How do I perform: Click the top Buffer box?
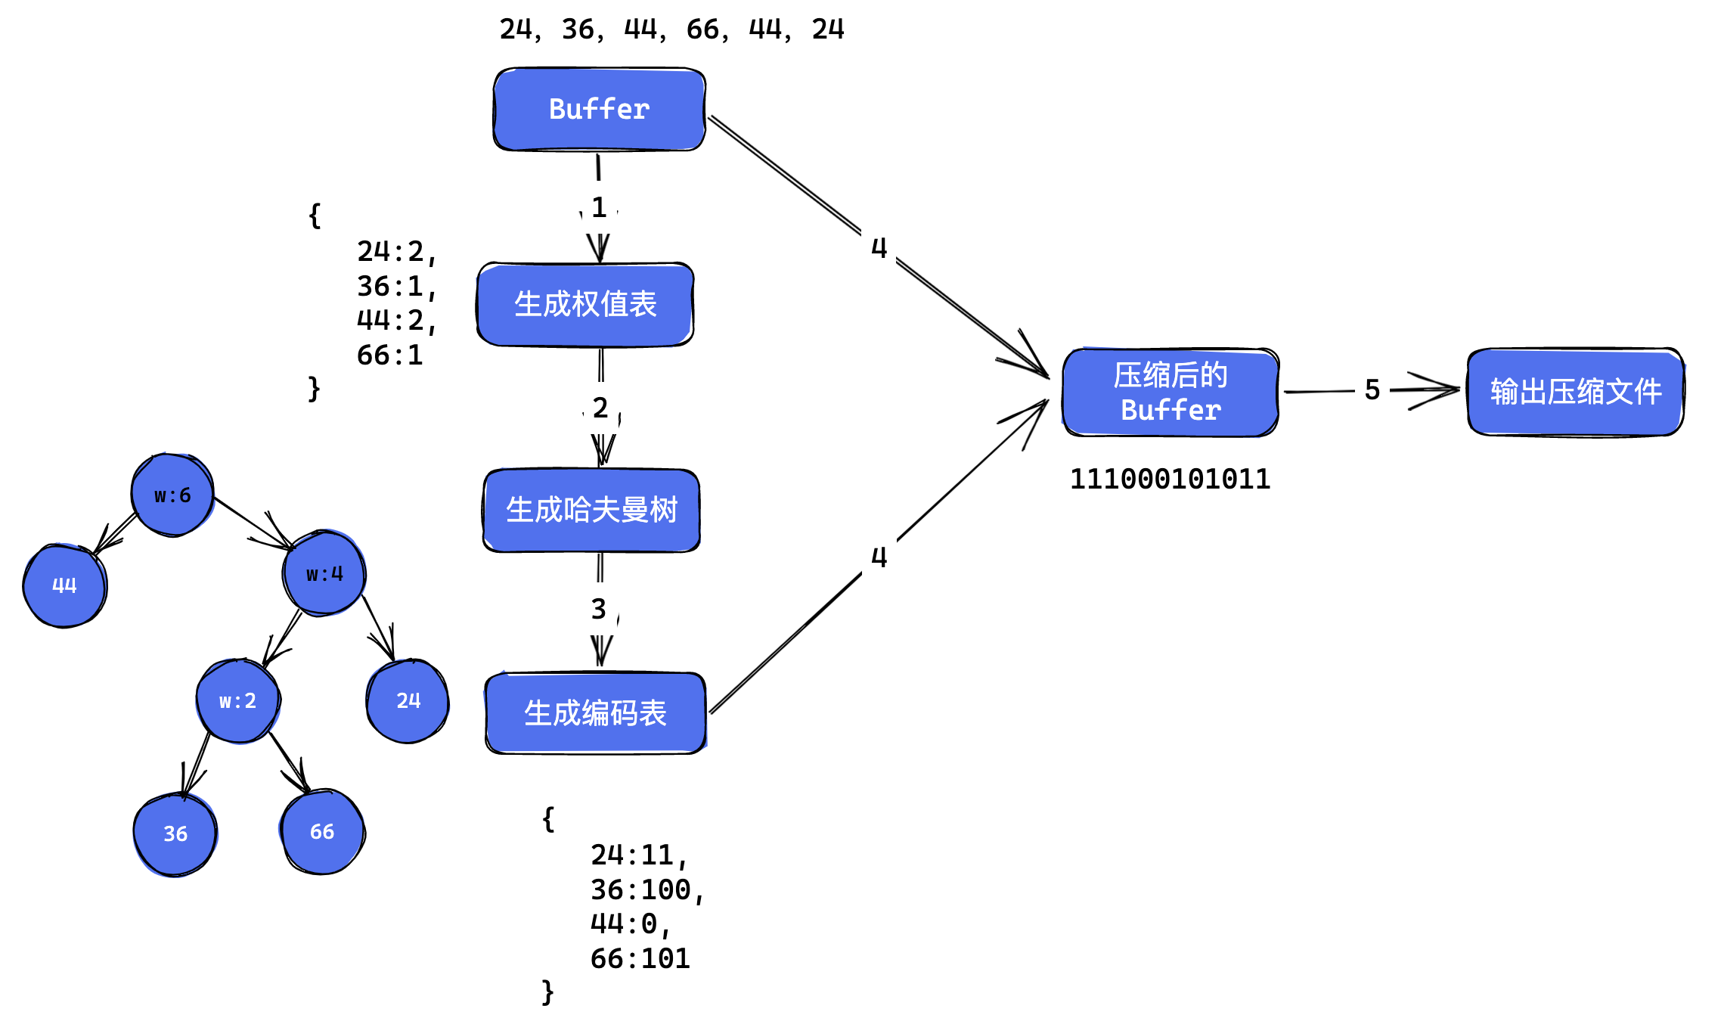coord(599,110)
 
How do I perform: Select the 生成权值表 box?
coord(585,305)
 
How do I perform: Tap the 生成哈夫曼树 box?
coord(591,511)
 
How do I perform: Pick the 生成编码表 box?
coord(595,713)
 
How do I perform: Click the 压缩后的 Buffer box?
coord(1171,393)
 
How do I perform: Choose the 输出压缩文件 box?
coord(1576,392)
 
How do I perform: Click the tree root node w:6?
coord(172,495)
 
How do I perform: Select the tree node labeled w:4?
coord(324,573)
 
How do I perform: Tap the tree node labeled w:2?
coord(238,701)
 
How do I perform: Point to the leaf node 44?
coord(65,585)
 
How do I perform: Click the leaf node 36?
coord(175,833)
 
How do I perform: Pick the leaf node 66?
coord(322,831)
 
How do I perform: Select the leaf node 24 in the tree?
coord(408,700)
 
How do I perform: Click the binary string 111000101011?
coord(1170,480)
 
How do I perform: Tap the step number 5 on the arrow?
coord(1372,390)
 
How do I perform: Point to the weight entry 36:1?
coord(395,287)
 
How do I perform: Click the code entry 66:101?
coord(640,959)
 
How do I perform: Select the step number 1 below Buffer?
coord(599,207)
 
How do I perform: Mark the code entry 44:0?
coord(628,924)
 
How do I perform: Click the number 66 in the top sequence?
coord(703,29)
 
